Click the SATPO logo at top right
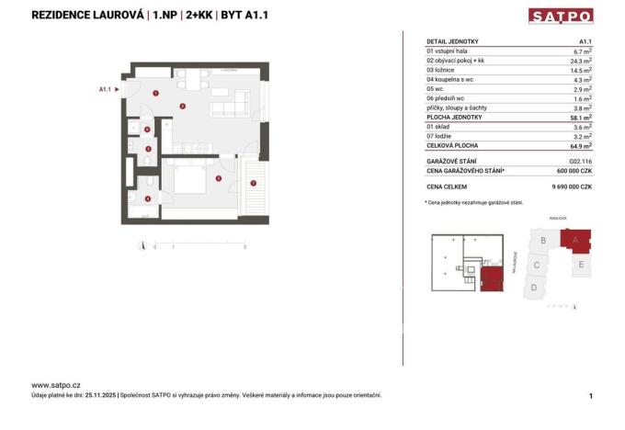point(561,16)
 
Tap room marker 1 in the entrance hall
point(157,93)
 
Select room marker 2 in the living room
point(183,107)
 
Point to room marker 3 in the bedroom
point(218,178)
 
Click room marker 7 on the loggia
point(253,183)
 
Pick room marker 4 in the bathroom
point(147,199)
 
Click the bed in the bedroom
point(189,177)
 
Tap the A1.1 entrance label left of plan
point(106,89)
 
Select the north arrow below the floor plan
point(142,245)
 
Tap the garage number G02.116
point(581,161)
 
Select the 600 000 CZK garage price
point(574,171)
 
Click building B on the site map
point(545,241)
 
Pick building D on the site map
point(534,288)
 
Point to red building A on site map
point(576,241)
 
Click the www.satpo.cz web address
point(56,385)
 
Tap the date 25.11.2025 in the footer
point(99,395)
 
